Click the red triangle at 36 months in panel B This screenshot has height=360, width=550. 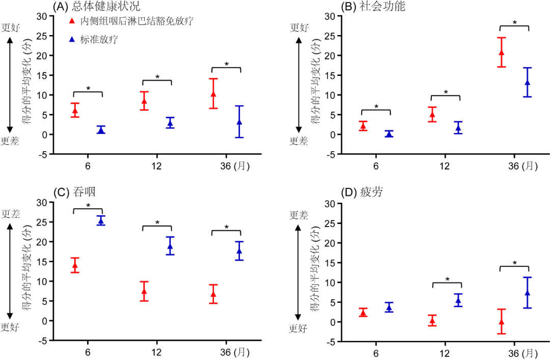coord(502,52)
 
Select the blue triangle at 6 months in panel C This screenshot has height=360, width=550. coord(101,220)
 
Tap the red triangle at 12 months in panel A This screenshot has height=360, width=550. coord(144,101)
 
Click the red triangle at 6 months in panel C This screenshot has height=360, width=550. coord(75,265)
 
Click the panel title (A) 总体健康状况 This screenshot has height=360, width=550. coord(97,7)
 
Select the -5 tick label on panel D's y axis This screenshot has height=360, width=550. coord(332,342)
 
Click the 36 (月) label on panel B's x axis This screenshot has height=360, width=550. coord(522,166)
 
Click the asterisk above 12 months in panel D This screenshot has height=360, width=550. coord(447,280)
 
